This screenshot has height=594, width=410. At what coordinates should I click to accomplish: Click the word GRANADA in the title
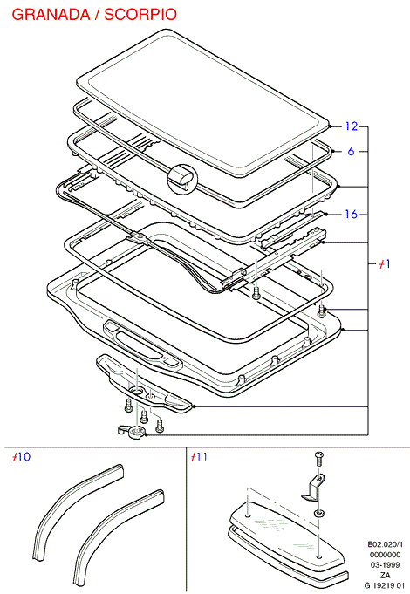click(x=51, y=15)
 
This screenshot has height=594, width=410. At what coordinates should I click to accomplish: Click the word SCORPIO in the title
click(x=140, y=15)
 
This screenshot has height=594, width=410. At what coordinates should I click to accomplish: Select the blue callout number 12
click(x=352, y=126)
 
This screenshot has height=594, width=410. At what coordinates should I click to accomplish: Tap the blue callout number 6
click(x=351, y=151)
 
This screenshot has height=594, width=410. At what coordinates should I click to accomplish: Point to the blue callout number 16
click(x=352, y=215)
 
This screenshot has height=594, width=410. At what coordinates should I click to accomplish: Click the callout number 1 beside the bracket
click(x=385, y=263)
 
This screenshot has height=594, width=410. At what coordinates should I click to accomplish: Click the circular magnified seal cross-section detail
click(x=182, y=179)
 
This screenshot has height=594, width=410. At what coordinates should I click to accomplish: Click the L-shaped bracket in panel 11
click(x=315, y=488)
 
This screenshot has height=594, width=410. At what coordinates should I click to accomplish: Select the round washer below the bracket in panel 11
click(x=319, y=514)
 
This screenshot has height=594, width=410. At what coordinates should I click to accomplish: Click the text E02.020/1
click(x=385, y=545)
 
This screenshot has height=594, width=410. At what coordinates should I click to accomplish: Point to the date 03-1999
click(x=385, y=565)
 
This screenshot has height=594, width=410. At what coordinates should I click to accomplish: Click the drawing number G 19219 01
click(x=384, y=585)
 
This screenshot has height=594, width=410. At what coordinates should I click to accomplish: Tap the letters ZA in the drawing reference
click(x=386, y=576)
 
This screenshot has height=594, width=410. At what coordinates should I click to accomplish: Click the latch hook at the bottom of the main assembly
click(x=132, y=431)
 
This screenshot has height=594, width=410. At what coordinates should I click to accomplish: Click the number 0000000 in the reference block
click(x=385, y=555)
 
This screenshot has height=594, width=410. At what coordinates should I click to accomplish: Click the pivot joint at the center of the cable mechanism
click(x=140, y=237)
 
